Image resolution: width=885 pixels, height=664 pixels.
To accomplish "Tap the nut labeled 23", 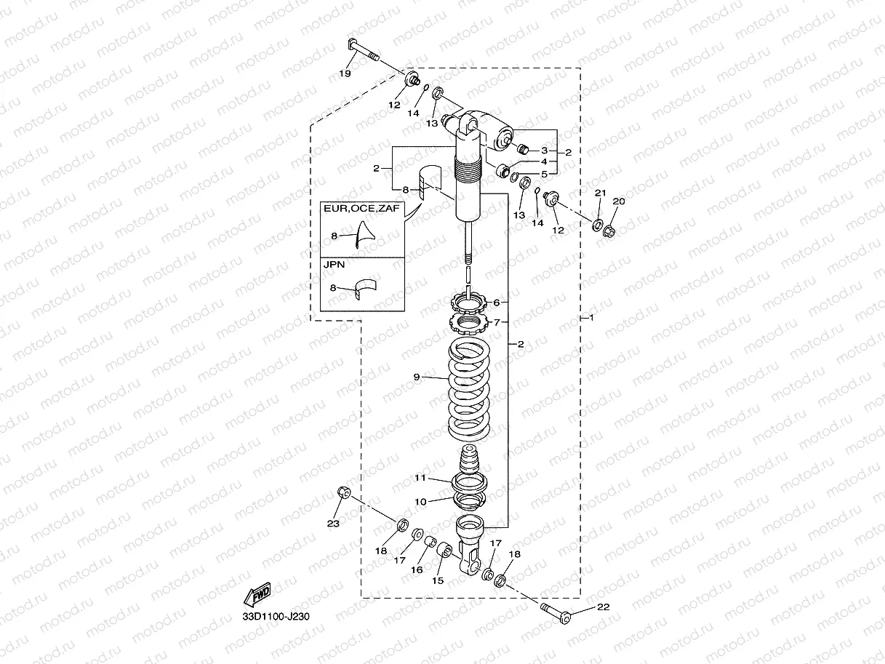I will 343,493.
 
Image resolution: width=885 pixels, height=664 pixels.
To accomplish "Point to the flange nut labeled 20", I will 610,232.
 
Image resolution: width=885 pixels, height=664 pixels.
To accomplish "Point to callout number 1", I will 591,319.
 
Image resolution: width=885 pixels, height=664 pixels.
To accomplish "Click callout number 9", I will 417,377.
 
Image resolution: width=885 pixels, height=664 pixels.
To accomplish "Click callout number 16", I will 417,570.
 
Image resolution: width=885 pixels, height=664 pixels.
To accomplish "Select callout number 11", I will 420,478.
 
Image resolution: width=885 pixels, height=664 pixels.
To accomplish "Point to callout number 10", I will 420,501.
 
